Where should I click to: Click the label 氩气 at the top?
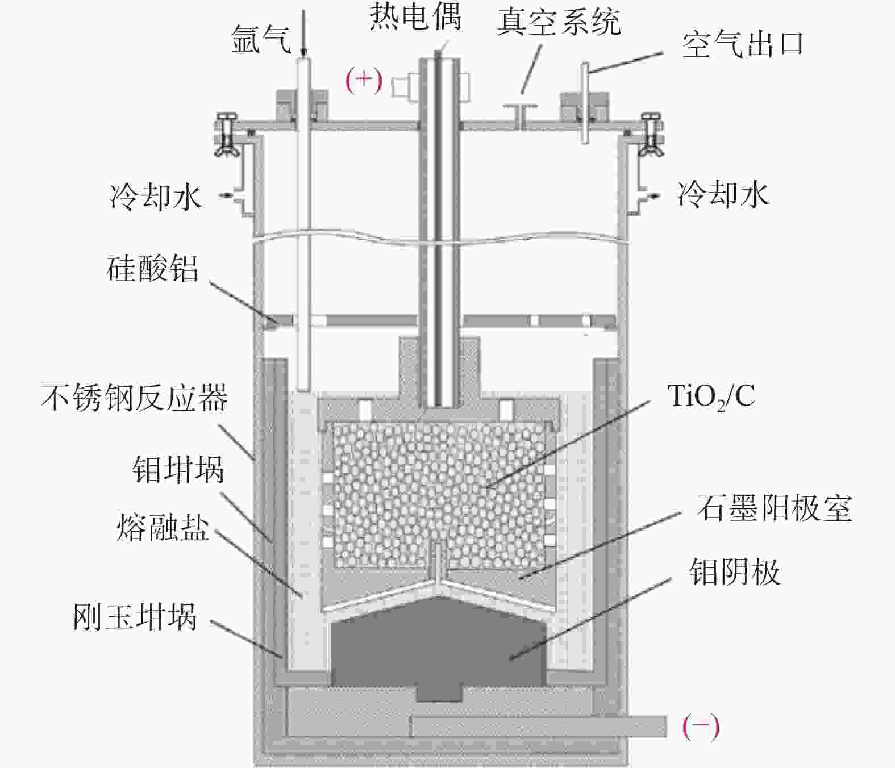[x=261, y=39]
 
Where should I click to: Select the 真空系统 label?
[x=558, y=23]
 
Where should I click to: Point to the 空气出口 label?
[x=743, y=44]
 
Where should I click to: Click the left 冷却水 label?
[x=156, y=197]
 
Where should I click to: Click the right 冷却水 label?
[x=723, y=194]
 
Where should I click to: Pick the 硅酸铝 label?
[x=153, y=268]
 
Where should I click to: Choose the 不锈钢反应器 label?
[x=135, y=397]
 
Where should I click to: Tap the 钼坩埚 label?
[x=178, y=470]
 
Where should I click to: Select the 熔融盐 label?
[x=163, y=527]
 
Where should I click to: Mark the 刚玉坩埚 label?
[x=135, y=617]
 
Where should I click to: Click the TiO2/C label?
[x=711, y=396]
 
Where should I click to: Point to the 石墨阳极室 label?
[x=775, y=508]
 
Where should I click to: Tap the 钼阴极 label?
[x=734, y=571]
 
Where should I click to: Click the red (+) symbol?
[x=364, y=80]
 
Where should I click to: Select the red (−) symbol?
[x=701, y=727]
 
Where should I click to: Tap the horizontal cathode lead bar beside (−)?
[x=537, y=727]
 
